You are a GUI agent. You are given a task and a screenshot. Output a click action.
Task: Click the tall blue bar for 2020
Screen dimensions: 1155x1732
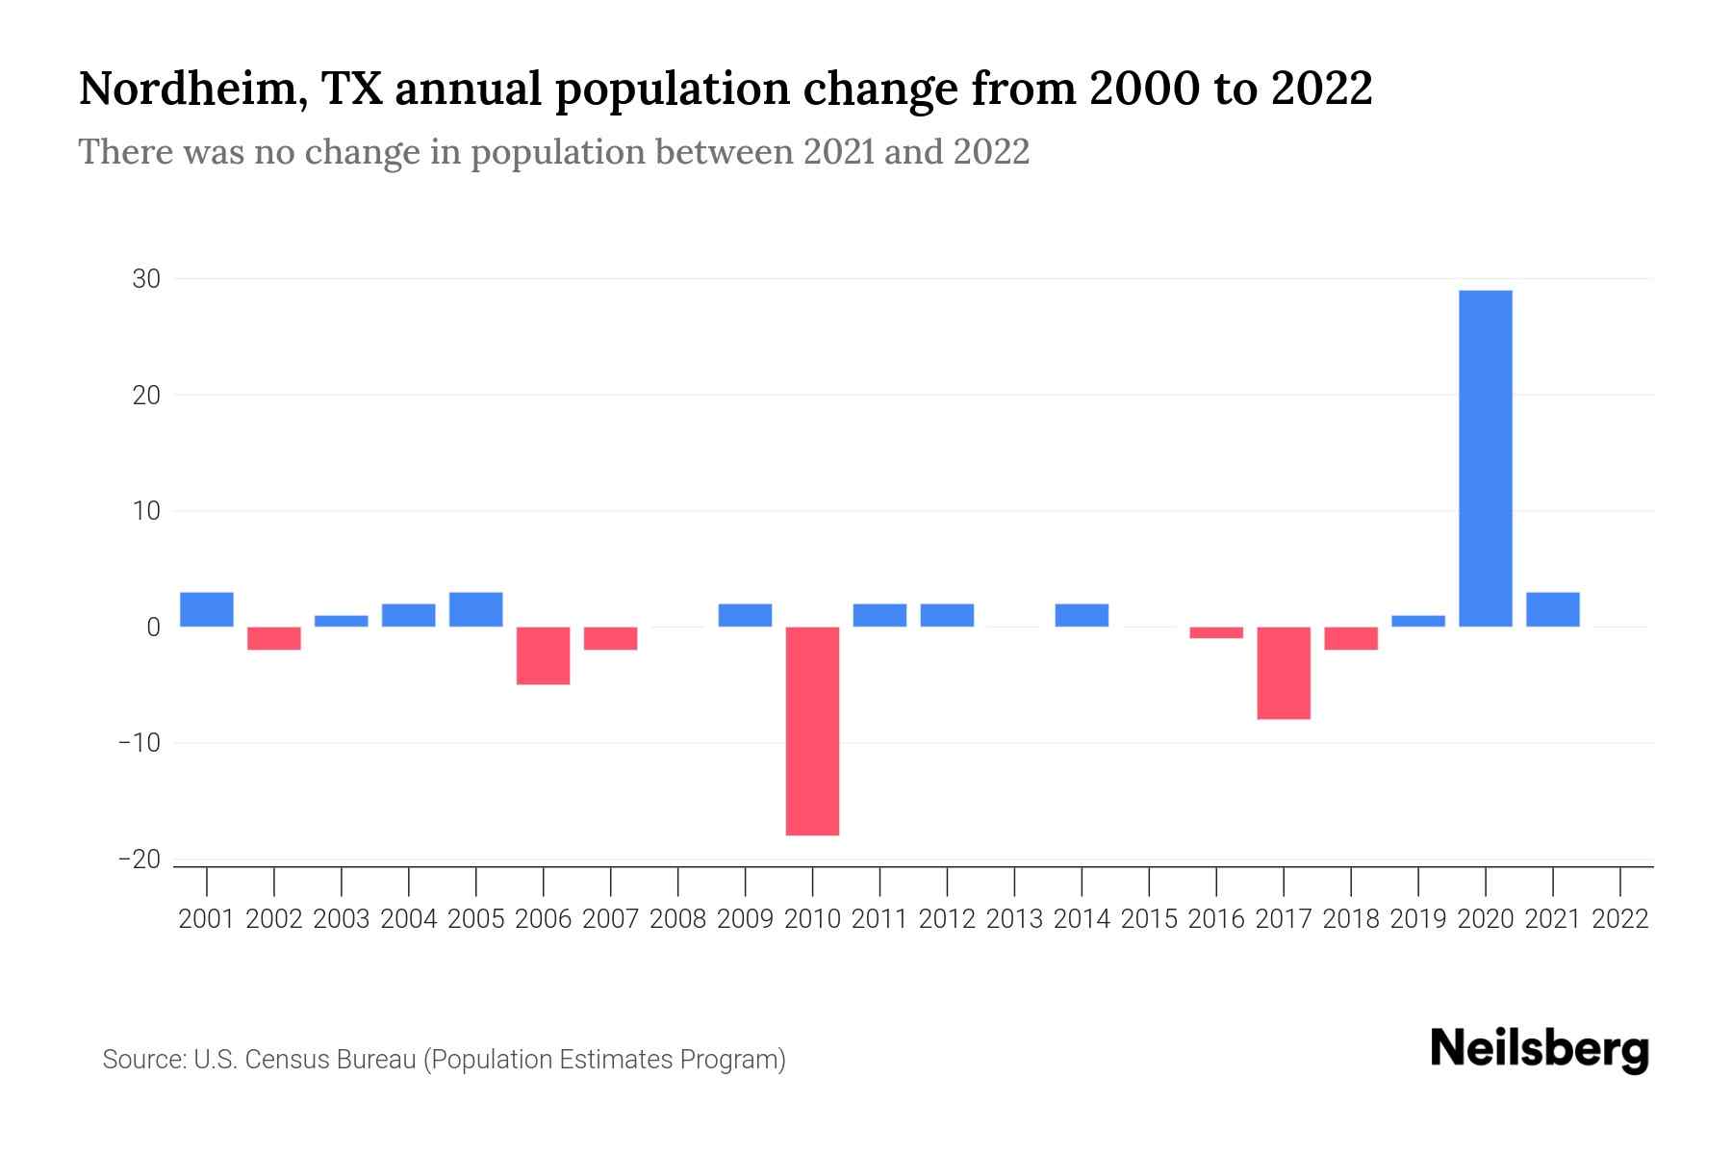click(x=1486, y=458)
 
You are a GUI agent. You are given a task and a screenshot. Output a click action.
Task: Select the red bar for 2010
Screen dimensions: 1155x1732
click(x=812, y=731)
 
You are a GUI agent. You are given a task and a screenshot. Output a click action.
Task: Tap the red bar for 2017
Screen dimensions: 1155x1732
click(x=1284, y=673)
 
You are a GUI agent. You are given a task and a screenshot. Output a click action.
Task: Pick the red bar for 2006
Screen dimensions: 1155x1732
click(x=544, y=655)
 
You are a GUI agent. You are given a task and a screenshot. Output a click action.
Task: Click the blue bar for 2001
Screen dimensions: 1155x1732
click(x=207, y=609)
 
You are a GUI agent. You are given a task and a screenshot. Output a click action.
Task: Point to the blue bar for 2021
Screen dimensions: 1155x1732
click(x=1553, y=609)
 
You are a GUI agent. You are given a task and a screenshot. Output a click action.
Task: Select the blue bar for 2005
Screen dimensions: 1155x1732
click(x=476, y=609)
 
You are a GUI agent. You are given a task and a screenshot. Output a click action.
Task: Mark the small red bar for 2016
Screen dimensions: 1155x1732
click(x=1216, y=632)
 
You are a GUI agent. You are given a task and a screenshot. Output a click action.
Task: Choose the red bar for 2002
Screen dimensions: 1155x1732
click(x=274, y=638)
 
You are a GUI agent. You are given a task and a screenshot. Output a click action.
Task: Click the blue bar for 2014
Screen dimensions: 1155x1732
click(x=1082, y=615)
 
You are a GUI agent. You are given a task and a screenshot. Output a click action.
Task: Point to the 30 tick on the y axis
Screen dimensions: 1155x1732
click(x=146, y=279)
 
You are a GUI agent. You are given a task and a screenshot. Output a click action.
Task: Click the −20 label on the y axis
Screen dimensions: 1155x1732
click(x=140, y=860)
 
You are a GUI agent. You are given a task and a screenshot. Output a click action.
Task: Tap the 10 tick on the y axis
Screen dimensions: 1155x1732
click(x=146, y=511)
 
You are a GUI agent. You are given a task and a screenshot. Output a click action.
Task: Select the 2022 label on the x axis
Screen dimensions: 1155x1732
click(x=1620, y=919)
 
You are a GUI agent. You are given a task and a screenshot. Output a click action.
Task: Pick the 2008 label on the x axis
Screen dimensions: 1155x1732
click(x=678, y=919)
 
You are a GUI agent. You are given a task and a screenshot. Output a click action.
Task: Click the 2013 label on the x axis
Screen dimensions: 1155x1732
click(x=1014, y=919)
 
